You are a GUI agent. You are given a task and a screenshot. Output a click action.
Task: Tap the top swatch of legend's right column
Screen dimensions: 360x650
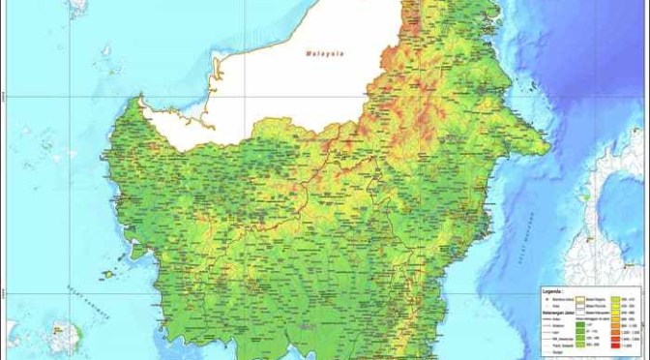click(614, 300)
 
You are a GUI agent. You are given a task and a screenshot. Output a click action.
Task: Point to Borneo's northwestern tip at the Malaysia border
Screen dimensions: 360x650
click(142, 100)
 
